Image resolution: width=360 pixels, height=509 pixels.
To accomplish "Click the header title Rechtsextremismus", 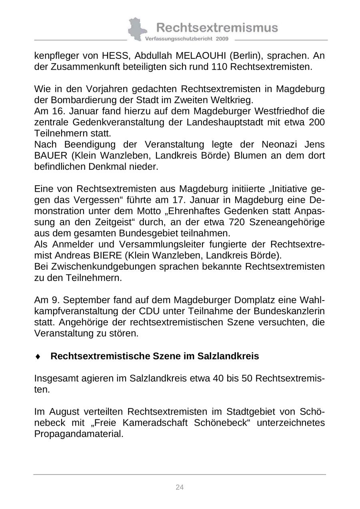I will [217, 28].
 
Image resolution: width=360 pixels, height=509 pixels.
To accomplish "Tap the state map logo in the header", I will [136, 29].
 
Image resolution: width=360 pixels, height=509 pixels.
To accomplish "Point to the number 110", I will [219, 67].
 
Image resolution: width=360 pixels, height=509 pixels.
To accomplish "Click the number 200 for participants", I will [316, 122].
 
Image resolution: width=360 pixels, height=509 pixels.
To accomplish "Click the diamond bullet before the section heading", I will [38, 357].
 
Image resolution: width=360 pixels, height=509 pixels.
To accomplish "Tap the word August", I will [64, 412].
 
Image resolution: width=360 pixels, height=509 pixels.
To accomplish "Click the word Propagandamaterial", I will [78, 434].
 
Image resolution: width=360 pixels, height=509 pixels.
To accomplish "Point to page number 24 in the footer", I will [180, 487].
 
